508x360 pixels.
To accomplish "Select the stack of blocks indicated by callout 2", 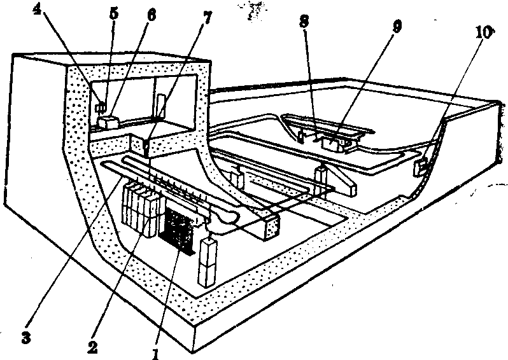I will pyautogui.click(x=141, y=209).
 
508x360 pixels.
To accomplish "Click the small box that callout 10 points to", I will pyautogui.click(x=421, y=167).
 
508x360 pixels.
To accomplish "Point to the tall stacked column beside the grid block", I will pyautogui.click(x=208, y=261).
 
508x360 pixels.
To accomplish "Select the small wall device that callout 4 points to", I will pyautogui.click(x=99, y=107).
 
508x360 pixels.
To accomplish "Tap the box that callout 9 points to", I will pyautogui.click(x=335, y=142).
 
